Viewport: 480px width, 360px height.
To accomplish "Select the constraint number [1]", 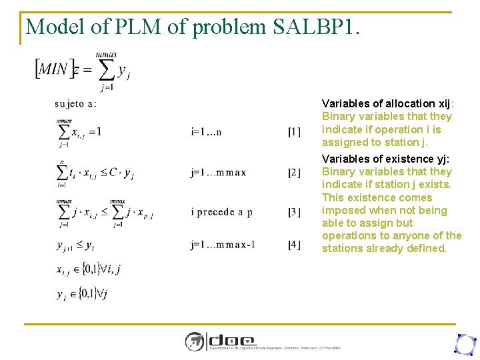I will [x=294, y=132].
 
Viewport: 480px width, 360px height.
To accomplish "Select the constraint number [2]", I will [x=294, y=173].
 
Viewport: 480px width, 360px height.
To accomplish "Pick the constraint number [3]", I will [x=294, y=212].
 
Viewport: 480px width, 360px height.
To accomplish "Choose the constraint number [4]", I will [x=294, y=245].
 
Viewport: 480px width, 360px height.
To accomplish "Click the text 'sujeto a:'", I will [x=75, y=103].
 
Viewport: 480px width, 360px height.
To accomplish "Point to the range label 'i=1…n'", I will [x=206, y=132].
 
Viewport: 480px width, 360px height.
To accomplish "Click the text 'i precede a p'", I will [x=221, y=212].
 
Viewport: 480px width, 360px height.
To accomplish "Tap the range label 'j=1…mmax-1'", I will [x=223, y=245].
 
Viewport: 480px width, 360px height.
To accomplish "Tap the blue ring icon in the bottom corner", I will [x=464, y=343].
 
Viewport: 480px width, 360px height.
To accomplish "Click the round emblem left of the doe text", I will [x=195, y=342].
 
